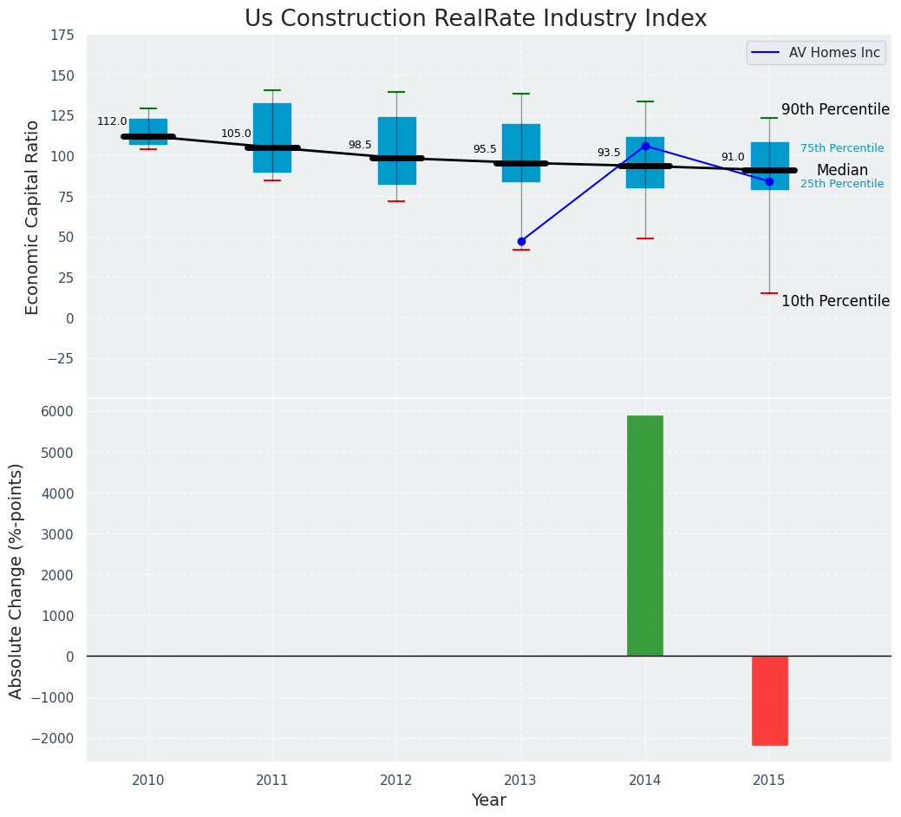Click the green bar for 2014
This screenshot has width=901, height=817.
tap(644, 535)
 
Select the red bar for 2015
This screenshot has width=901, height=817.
tap(769, 700)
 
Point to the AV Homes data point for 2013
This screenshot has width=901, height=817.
tap(521, 241)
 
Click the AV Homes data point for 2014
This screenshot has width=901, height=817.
tap(645, 146)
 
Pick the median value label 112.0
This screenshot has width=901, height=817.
tap(112, 122)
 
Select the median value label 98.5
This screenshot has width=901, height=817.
tap(360, 146)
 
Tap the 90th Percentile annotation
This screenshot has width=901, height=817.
tap(835, 110)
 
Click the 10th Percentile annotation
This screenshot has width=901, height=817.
tap(835, 302)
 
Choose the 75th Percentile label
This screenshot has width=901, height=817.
tap(842, 149)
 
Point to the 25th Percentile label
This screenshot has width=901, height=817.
tap(842, 184)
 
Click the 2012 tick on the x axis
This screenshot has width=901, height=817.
tap(396, 781)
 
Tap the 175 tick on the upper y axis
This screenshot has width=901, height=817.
tap(62, 36)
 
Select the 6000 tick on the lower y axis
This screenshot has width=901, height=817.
tap(58, 411)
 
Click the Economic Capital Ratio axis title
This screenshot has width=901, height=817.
tap(33, 217)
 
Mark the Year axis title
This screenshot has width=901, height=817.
tap(488, 801)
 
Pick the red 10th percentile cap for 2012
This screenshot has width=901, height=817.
tap(396, 201)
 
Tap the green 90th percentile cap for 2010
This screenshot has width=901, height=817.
tap(148, 108)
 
